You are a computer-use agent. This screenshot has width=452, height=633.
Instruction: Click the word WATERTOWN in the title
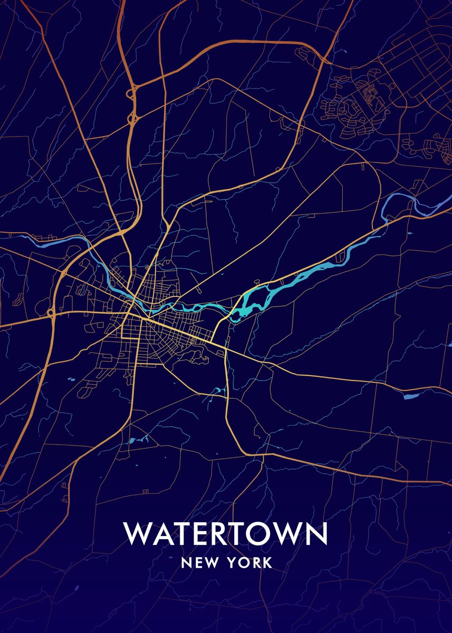pyautogui.click(x=226, y=534)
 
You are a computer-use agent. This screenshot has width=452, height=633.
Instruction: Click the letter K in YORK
pyautogui.click(x=267, y=563)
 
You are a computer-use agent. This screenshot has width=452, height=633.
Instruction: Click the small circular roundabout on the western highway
pyautogui.click(x=51, y=314)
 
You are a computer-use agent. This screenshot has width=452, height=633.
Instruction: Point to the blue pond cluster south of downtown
pyautogui.click(x=138, y=439)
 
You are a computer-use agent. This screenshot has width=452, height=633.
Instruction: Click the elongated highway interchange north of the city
pyautogui.click(x=132, y=105)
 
